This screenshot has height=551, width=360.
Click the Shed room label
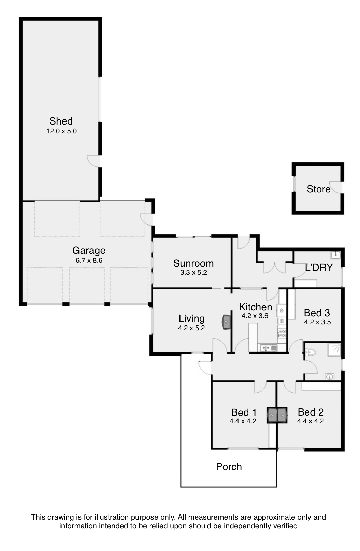coord(61,121)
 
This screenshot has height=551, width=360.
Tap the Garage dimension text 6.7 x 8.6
coord(89,260)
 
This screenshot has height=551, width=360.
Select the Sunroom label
coord(193,263)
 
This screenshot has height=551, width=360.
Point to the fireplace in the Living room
coord(226,322)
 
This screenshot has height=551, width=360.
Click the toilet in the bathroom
coord(310,352)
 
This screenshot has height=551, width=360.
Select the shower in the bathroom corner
coord(334,350)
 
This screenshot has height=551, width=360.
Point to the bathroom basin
coord(329,377)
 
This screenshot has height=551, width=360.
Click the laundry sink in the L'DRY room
coord(335,255)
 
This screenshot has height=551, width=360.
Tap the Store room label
coord(318,189)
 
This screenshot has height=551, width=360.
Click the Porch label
coord(229,467)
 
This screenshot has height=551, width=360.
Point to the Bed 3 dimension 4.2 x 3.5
coord(317,322)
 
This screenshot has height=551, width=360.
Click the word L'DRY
coord(319,267)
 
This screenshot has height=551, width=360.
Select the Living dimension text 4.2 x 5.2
coord(191,328)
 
